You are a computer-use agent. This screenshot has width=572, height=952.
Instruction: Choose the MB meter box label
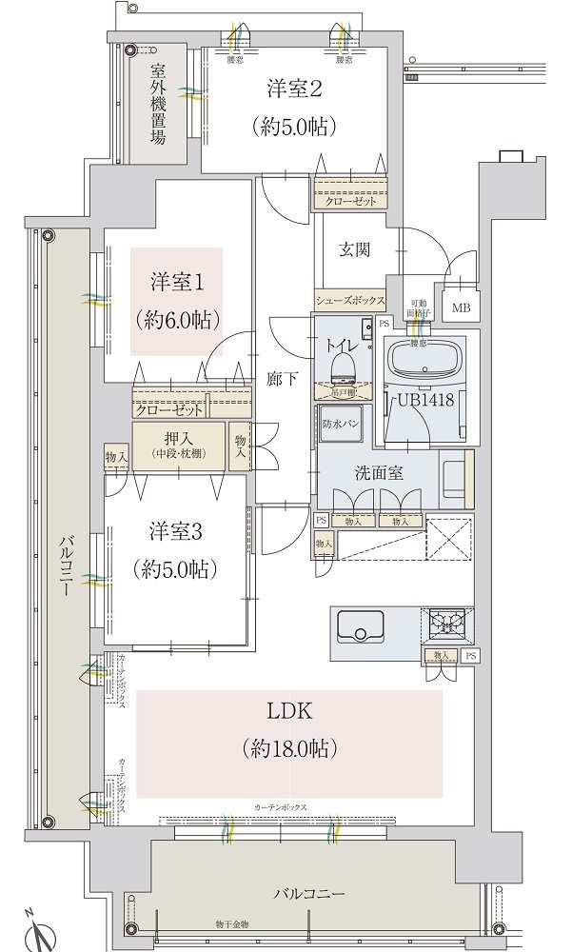(x=461, y=307)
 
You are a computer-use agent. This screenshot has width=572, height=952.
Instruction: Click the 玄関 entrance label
(x=353, y=250)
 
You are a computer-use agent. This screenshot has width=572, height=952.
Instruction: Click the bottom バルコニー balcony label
(x=308, y=893)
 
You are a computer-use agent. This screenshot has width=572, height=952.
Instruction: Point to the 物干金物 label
(x=231, y=923)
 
